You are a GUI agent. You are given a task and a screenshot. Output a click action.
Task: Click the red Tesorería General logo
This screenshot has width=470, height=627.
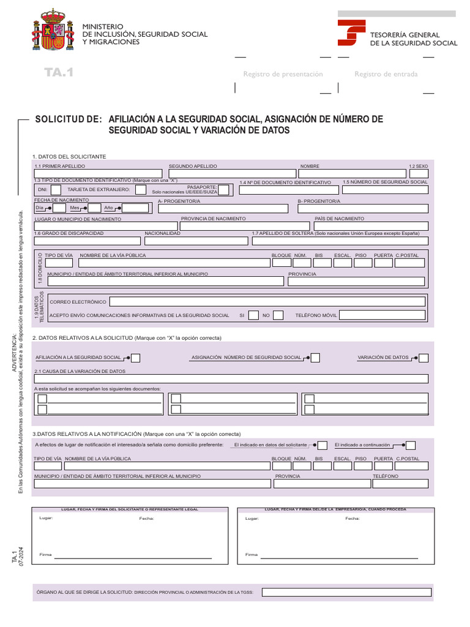(351, 33)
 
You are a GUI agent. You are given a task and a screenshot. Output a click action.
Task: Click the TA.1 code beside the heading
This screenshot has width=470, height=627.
(59, 73)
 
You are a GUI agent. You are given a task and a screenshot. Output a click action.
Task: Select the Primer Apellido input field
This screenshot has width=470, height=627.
(98, 174)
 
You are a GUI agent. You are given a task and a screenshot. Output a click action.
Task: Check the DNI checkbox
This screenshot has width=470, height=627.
(55, 190)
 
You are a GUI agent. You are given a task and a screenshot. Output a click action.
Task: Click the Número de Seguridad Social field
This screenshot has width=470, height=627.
(385, 190)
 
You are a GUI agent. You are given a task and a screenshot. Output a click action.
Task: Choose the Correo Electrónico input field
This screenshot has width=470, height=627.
(267, 301)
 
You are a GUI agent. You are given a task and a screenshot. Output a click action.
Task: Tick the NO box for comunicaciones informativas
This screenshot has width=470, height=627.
(278, 315)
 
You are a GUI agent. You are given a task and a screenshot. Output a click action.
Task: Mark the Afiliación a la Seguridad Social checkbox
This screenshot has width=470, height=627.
(136, 358)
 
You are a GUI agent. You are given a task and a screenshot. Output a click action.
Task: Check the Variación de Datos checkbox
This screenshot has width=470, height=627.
(423, 358)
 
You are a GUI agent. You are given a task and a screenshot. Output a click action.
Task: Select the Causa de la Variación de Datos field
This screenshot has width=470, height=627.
(231, 379)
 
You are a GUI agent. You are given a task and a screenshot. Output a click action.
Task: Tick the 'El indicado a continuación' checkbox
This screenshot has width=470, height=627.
(411, 445)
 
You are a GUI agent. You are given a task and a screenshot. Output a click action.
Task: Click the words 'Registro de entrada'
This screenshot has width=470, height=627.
(386, 74)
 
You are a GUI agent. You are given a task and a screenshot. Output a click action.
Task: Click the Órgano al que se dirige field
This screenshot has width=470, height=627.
(346, 592)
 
